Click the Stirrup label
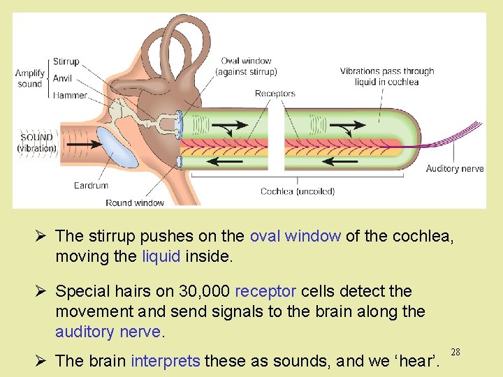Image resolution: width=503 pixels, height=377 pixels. coord(66,62)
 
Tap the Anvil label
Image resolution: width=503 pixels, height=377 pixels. coord(64,78)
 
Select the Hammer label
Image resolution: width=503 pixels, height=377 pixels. coord(70,95)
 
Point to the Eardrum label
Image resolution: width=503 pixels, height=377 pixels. coord(91,186)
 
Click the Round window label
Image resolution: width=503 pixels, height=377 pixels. coord(135,203)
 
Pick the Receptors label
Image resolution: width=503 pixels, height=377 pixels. coord(275,94)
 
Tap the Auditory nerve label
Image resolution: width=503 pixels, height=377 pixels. coord(455,169)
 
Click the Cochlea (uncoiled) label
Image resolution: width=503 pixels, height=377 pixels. coord(297,191)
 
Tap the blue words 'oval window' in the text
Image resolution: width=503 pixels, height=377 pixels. coord(295,236)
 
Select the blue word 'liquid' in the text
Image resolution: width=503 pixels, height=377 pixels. coord(161,256)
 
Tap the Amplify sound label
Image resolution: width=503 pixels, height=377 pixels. coord(30,78)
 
